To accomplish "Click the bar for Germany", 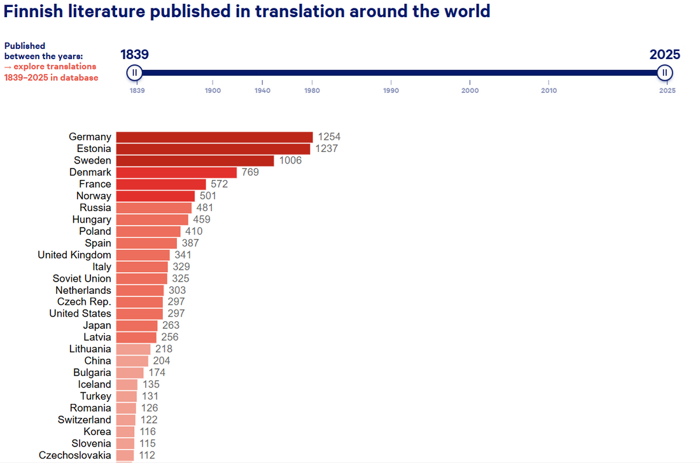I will click(214, 137).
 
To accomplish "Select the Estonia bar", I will click(213, 149).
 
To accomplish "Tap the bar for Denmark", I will click(176, 172).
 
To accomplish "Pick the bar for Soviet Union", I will click(142, 279).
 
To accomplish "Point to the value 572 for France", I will click(219, 184).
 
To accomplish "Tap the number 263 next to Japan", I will click(171, 326).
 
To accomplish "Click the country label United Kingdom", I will click(74, 255).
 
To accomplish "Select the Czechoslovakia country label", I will click(75, 455).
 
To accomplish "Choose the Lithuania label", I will click(90, 349).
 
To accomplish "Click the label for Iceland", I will click(95, 385).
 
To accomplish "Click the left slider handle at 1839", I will click(134, 73).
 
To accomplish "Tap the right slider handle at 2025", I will click(664, 73).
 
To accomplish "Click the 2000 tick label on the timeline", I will click(470, 90).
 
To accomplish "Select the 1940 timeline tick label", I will click(262, 90).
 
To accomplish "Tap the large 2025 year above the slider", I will click(664, 55).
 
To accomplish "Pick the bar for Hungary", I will click(152, 219).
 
